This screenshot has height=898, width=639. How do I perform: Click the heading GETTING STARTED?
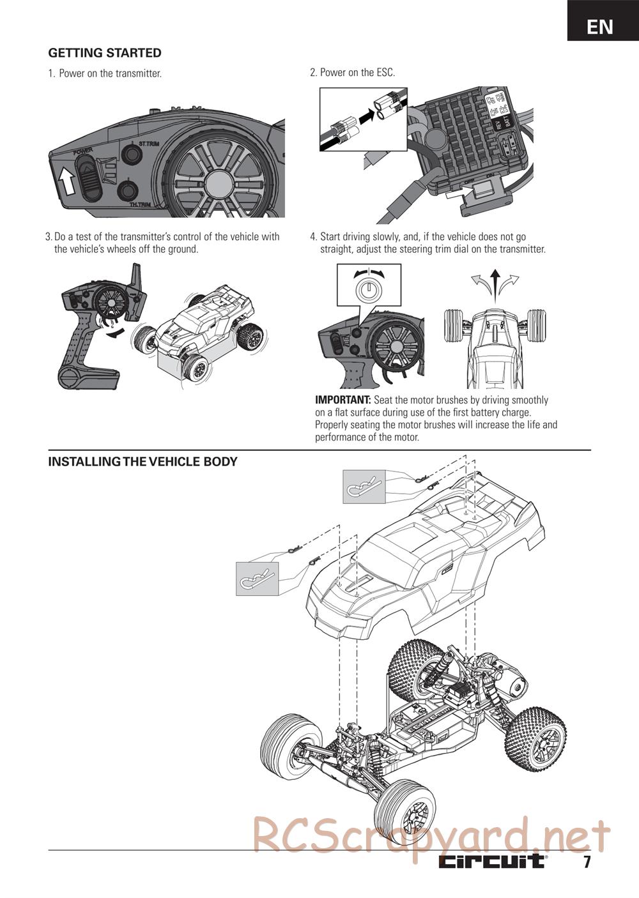point(105,53)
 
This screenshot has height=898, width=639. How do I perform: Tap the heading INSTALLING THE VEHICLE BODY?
point(142,461)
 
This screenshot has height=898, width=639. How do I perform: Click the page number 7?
point(586,862)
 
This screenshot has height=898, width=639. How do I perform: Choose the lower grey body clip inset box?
point(258,579)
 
